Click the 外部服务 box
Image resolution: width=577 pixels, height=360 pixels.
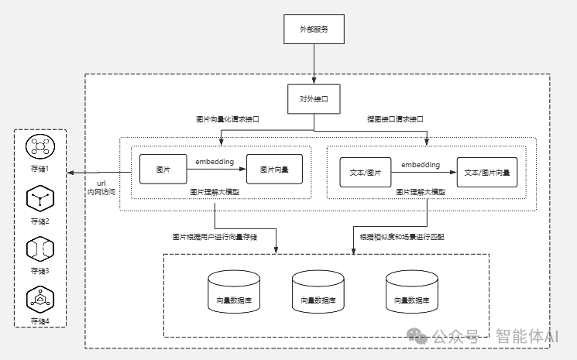pyautogui.click(x=314, y=29)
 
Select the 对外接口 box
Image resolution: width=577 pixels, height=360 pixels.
pyautogui.click(x=314, y=99)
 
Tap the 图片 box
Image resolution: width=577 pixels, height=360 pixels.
pyautogui.click(x=163, y=169)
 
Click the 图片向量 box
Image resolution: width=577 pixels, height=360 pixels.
pyautogui.click(x=274, y=169)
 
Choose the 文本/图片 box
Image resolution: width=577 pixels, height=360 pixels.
pyautogui.click(x=366, y=173)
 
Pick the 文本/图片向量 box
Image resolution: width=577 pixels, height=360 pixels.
pyautogui.click(x=487, y=173)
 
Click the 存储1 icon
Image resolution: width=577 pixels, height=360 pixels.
pyautogui.click(x=40, y=146)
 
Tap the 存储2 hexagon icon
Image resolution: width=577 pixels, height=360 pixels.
pyautogui.click(x=40, y=198)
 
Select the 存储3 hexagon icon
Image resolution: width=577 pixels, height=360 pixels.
pyautogui.click(x=40, y=249)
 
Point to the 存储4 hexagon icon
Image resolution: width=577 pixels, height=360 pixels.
pyautogui.click(x=40, y=300)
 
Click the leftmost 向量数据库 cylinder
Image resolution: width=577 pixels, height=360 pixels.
pyautogui.click(x=234, y=292)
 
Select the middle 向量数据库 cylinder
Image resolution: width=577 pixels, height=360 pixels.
pyautogui.click(x=318, y=292)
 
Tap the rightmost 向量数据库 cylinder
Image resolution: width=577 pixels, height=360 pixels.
pyautogui.click(x=412, y=292)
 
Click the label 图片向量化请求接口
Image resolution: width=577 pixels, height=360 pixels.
pyautogui.click(x=228, y=119)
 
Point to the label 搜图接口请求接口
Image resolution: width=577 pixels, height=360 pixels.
pyautogui.click(x=395, y=119)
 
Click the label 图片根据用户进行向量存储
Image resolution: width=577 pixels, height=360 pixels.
pyautogui.click(x=215, y=237)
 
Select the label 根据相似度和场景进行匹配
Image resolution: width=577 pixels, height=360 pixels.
pyautogui.click(x=402, y=237)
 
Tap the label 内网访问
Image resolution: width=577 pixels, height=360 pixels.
pyautogui.click(x=101, y=192)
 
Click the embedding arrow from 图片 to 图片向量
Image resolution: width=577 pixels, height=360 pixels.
pyautogui.click(x=216, y=169)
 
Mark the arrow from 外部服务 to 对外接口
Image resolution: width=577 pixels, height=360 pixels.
pyautogui.click(x=314, y=64)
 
